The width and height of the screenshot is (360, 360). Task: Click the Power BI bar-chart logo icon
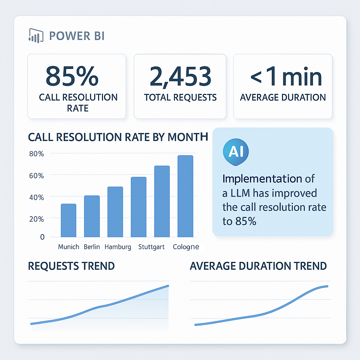35,36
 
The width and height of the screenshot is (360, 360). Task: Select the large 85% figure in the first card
72,76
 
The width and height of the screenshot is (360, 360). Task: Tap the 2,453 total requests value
180,76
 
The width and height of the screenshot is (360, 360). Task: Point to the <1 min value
286,77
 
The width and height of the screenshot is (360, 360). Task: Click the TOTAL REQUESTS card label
180,97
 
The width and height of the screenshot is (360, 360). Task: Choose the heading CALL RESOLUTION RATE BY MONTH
118,137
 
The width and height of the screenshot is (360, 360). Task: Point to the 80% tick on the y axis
36,154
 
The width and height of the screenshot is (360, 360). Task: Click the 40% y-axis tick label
36,198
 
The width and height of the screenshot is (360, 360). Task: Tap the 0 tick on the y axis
42,237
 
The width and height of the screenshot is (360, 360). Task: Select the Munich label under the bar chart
69,247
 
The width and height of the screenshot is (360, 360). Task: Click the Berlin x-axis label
92,247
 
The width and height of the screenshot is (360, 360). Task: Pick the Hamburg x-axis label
118,247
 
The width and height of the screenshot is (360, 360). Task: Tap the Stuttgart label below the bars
152,247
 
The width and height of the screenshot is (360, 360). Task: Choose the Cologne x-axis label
186,247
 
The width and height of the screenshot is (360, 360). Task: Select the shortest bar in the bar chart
69,220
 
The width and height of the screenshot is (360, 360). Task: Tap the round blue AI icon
236,152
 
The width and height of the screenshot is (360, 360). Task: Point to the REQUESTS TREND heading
71,266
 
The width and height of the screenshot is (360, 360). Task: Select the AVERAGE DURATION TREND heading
258,266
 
